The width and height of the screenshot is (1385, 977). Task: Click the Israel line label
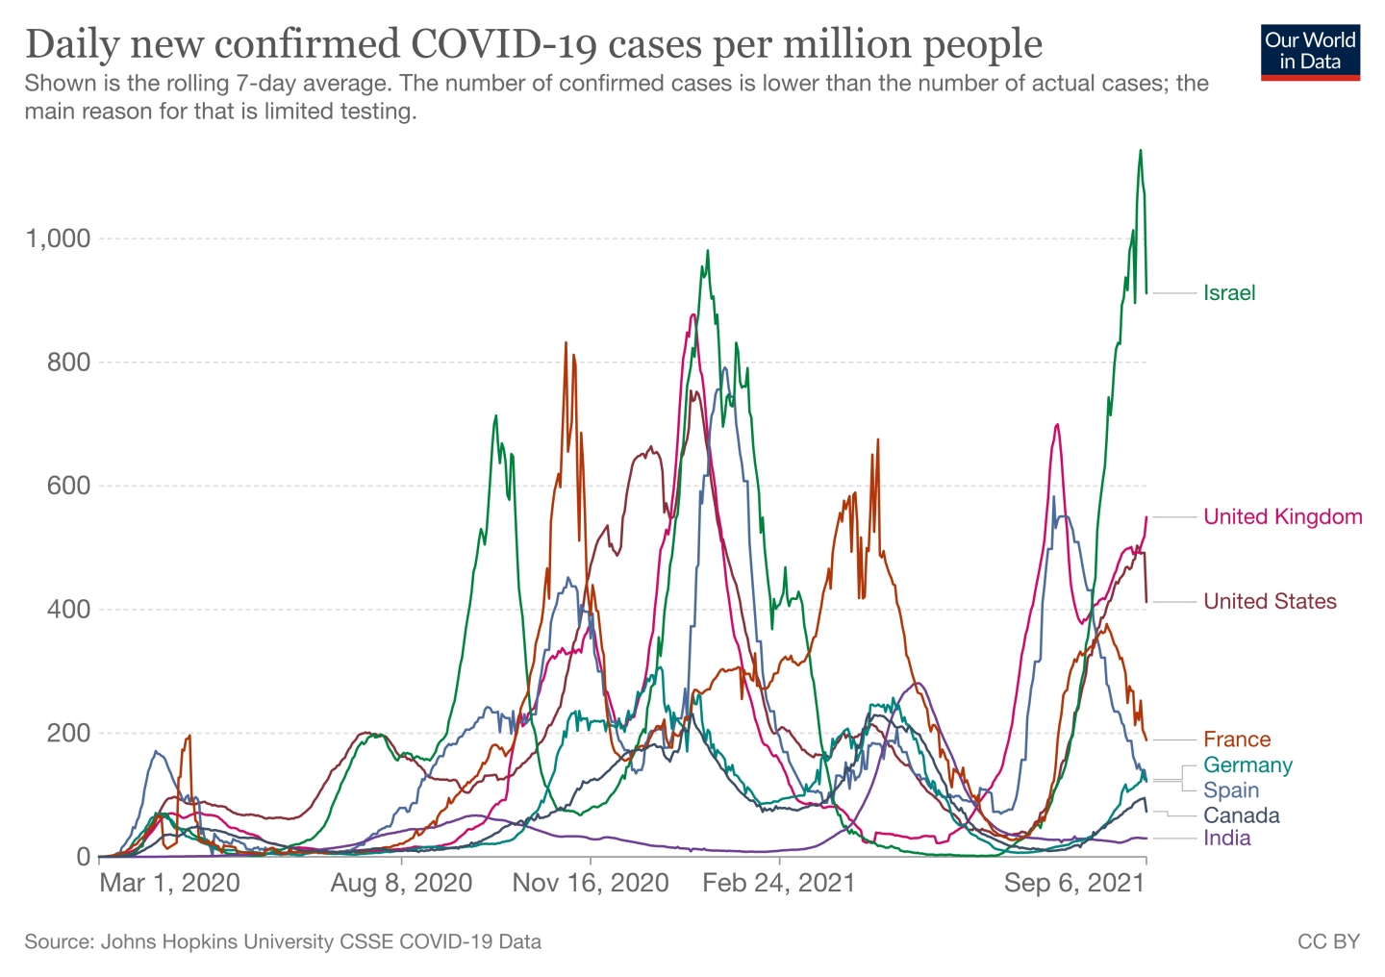(x=1229, y=293)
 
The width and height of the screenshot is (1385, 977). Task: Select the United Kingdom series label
(x=1282, y=517)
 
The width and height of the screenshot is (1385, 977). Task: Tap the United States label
(x=1270, y=602)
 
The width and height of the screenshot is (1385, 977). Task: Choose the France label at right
(x=1237, y=739)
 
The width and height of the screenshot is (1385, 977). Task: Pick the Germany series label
(x=1247, y=765)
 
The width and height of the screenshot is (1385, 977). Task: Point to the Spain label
(x=1231, y=790)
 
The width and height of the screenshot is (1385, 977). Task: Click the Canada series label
(x=1241, y=815)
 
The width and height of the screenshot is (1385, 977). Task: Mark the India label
(x=1227, y=839)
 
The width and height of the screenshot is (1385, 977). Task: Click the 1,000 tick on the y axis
(x=58, y=238)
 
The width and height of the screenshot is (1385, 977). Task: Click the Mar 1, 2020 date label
(x=170, y=883)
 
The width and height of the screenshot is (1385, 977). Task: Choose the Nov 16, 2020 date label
(x=591, y=883)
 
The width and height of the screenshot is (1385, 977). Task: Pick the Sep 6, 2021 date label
(x=1074, y=883)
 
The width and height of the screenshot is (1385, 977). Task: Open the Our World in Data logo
(x=1310, y=52)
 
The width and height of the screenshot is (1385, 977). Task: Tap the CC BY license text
(x=1328, y=941)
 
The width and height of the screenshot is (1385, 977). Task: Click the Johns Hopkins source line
(x=283, y=941)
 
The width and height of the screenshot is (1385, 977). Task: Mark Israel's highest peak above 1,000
(x=1141, y=151)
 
